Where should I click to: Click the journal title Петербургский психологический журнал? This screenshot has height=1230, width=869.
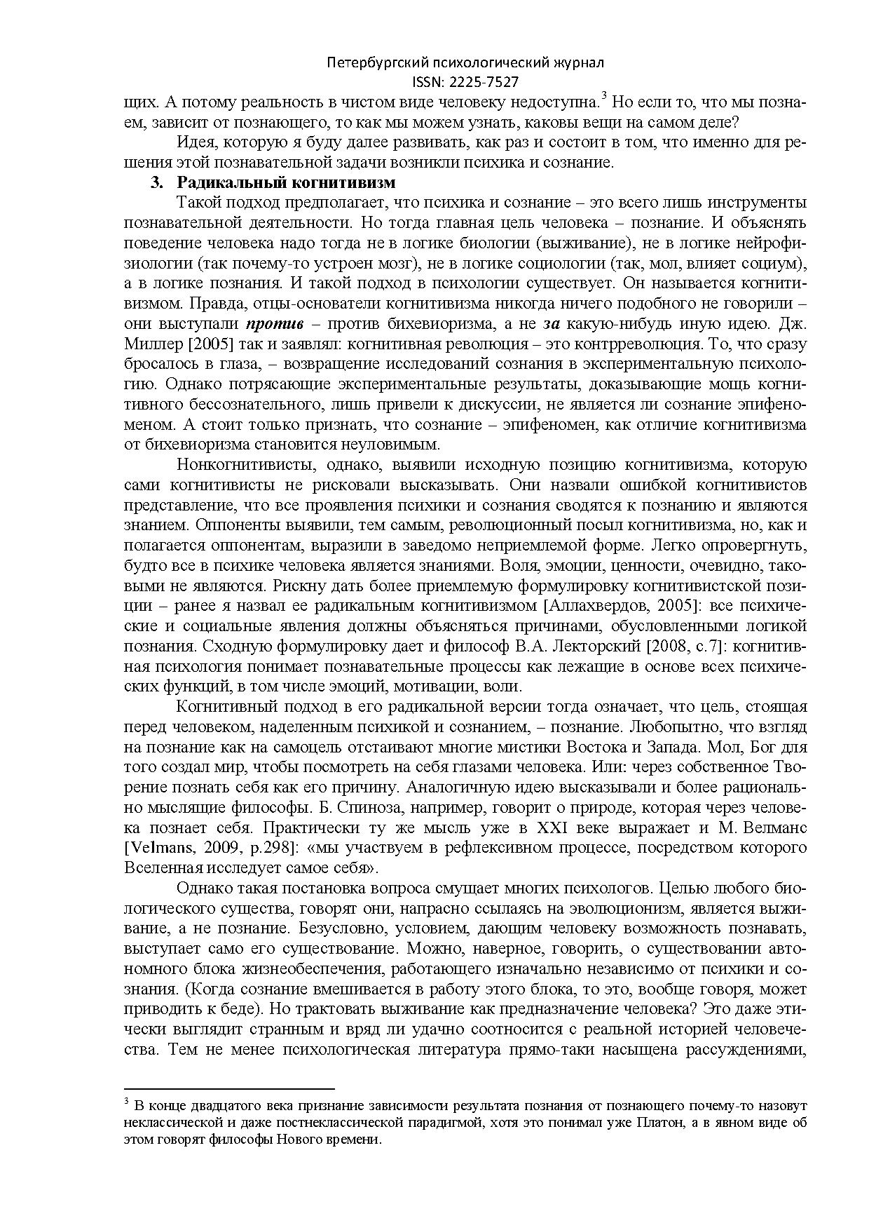coord(465,63)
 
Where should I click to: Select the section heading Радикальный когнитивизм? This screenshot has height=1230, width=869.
coord(286,183)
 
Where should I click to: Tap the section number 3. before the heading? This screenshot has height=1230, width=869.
coord(157,183)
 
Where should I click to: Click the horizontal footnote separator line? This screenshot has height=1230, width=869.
coord(229,1088)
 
